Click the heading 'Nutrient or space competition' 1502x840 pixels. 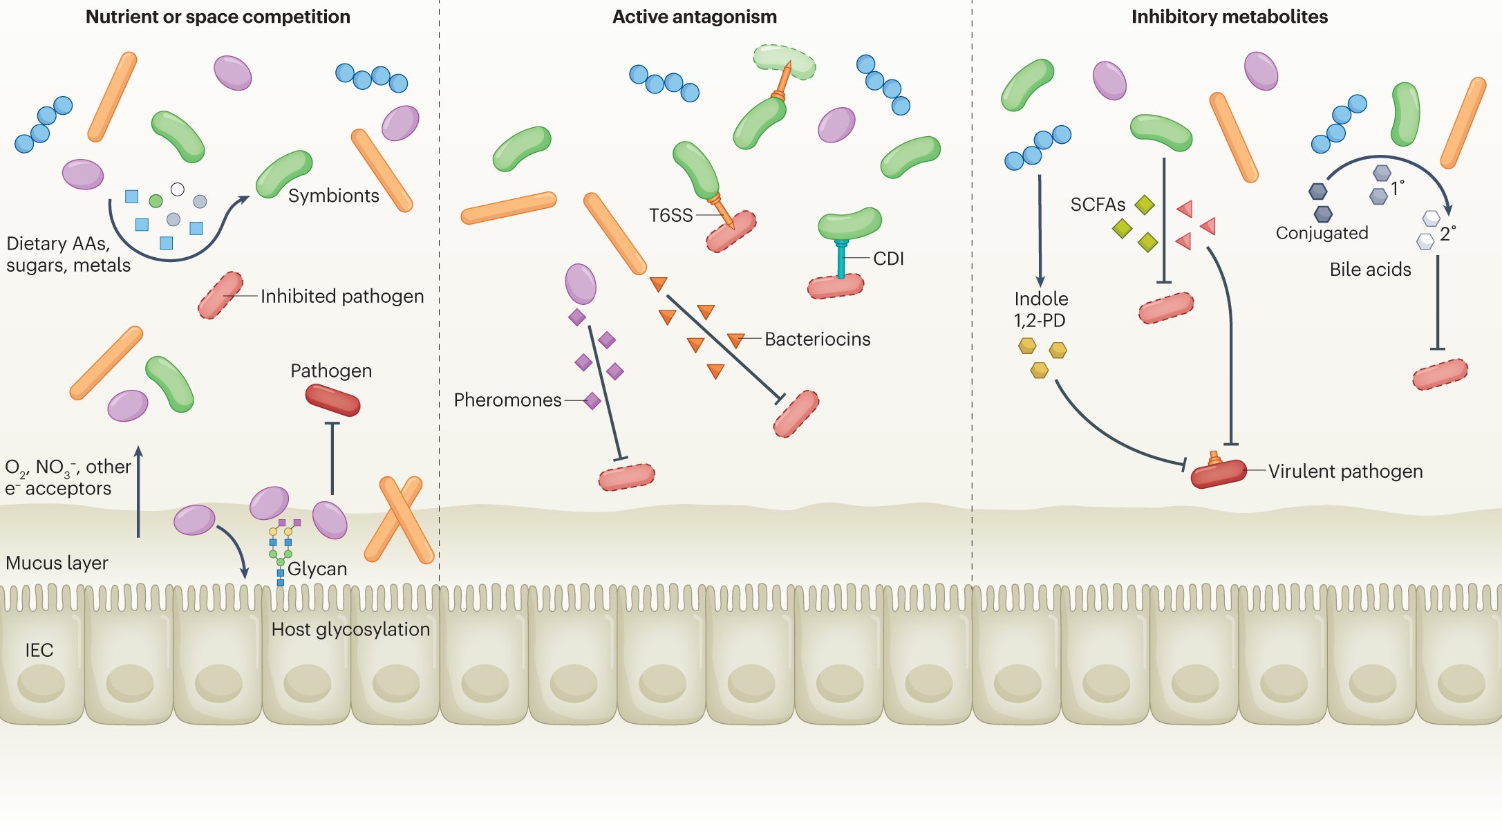pos(218,17)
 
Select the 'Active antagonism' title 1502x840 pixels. pos(694,17)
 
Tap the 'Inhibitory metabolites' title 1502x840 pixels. pos(1229,17)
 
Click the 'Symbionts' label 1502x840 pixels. pos(333,196)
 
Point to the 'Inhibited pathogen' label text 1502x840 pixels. pos(341,296)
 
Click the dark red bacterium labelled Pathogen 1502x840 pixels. pos(333,400)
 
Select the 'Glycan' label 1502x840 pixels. pos(317,568)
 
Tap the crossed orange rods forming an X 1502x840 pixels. pos(399,519)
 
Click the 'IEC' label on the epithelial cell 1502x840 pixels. pos(39,650)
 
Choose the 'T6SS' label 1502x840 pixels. pos(670,215)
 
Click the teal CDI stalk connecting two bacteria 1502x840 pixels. pos(841,260)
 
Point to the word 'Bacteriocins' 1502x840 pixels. pos(817,339)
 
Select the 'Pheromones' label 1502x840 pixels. pos(507,400)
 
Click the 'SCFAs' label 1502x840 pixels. pos(1098,205)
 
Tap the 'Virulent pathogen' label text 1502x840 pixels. pos(1345,471)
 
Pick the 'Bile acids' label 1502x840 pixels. pos(1370,269)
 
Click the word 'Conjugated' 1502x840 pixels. pos(1322,233)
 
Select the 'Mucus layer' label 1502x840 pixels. pos(57,563)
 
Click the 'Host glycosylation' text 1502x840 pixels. pos(350,629)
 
